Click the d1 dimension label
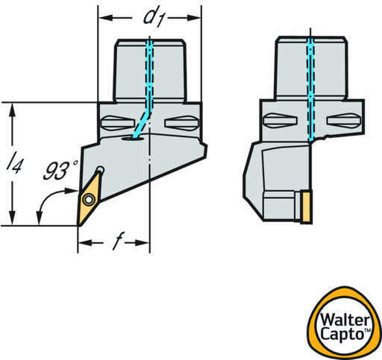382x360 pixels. coord(154,17)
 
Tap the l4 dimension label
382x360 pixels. coord(15,162)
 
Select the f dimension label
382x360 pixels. coord(118,241)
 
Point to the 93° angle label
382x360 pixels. coord(60,170)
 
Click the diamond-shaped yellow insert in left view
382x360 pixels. coord(89,199)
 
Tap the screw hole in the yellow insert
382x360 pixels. coord(89,199)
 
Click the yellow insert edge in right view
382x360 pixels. coord(306,207)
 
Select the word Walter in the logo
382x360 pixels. coord(345,320)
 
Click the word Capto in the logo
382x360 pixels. coord(342,334)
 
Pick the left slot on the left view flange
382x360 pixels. coord(118,123)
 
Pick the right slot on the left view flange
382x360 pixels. coord(182,123)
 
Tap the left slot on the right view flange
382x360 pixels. coord(280,121)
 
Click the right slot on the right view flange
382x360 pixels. coord(344,121)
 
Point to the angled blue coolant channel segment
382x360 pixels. coord(142,124)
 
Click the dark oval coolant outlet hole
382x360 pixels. coord(133,138)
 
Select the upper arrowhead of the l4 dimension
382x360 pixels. coord(12,110)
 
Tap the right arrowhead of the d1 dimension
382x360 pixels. coord(193,18)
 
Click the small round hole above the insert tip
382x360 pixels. coord(101,169)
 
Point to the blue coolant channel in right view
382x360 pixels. coord(310,89)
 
